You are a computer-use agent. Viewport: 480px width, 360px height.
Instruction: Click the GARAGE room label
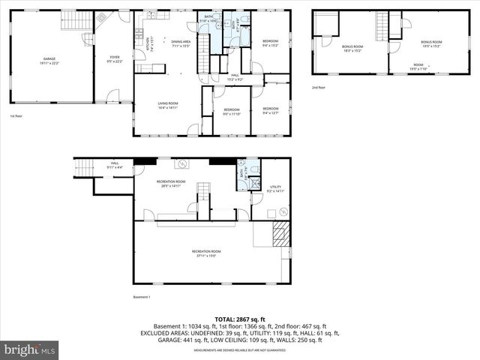(49, 60)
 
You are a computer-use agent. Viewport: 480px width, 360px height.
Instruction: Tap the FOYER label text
(115, 58)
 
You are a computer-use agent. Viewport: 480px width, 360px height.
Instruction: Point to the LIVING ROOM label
(167, 105)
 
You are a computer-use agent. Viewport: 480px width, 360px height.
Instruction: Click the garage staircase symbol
(73, 20)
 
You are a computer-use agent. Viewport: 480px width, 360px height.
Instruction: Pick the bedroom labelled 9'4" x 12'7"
(270, 111)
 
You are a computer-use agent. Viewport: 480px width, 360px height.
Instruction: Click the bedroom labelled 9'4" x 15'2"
(270, 43)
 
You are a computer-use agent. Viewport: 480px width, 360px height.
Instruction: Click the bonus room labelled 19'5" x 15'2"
(431, 44)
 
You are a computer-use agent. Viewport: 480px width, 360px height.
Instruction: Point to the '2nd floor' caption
(319, 87)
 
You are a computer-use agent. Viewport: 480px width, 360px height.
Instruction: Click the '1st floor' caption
(16, 116)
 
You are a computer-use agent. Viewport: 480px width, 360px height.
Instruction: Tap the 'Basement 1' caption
(142, 298)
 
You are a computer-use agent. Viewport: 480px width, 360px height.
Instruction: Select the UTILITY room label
(275, 189)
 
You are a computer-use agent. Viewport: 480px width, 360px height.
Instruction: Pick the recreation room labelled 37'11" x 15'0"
(206, 253)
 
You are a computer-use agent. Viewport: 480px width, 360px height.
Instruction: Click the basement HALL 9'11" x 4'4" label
(115, 165)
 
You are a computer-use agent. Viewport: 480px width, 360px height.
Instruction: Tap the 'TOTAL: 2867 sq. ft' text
(239, 319)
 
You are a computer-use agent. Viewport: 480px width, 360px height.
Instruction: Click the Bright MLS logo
(30, 349)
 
